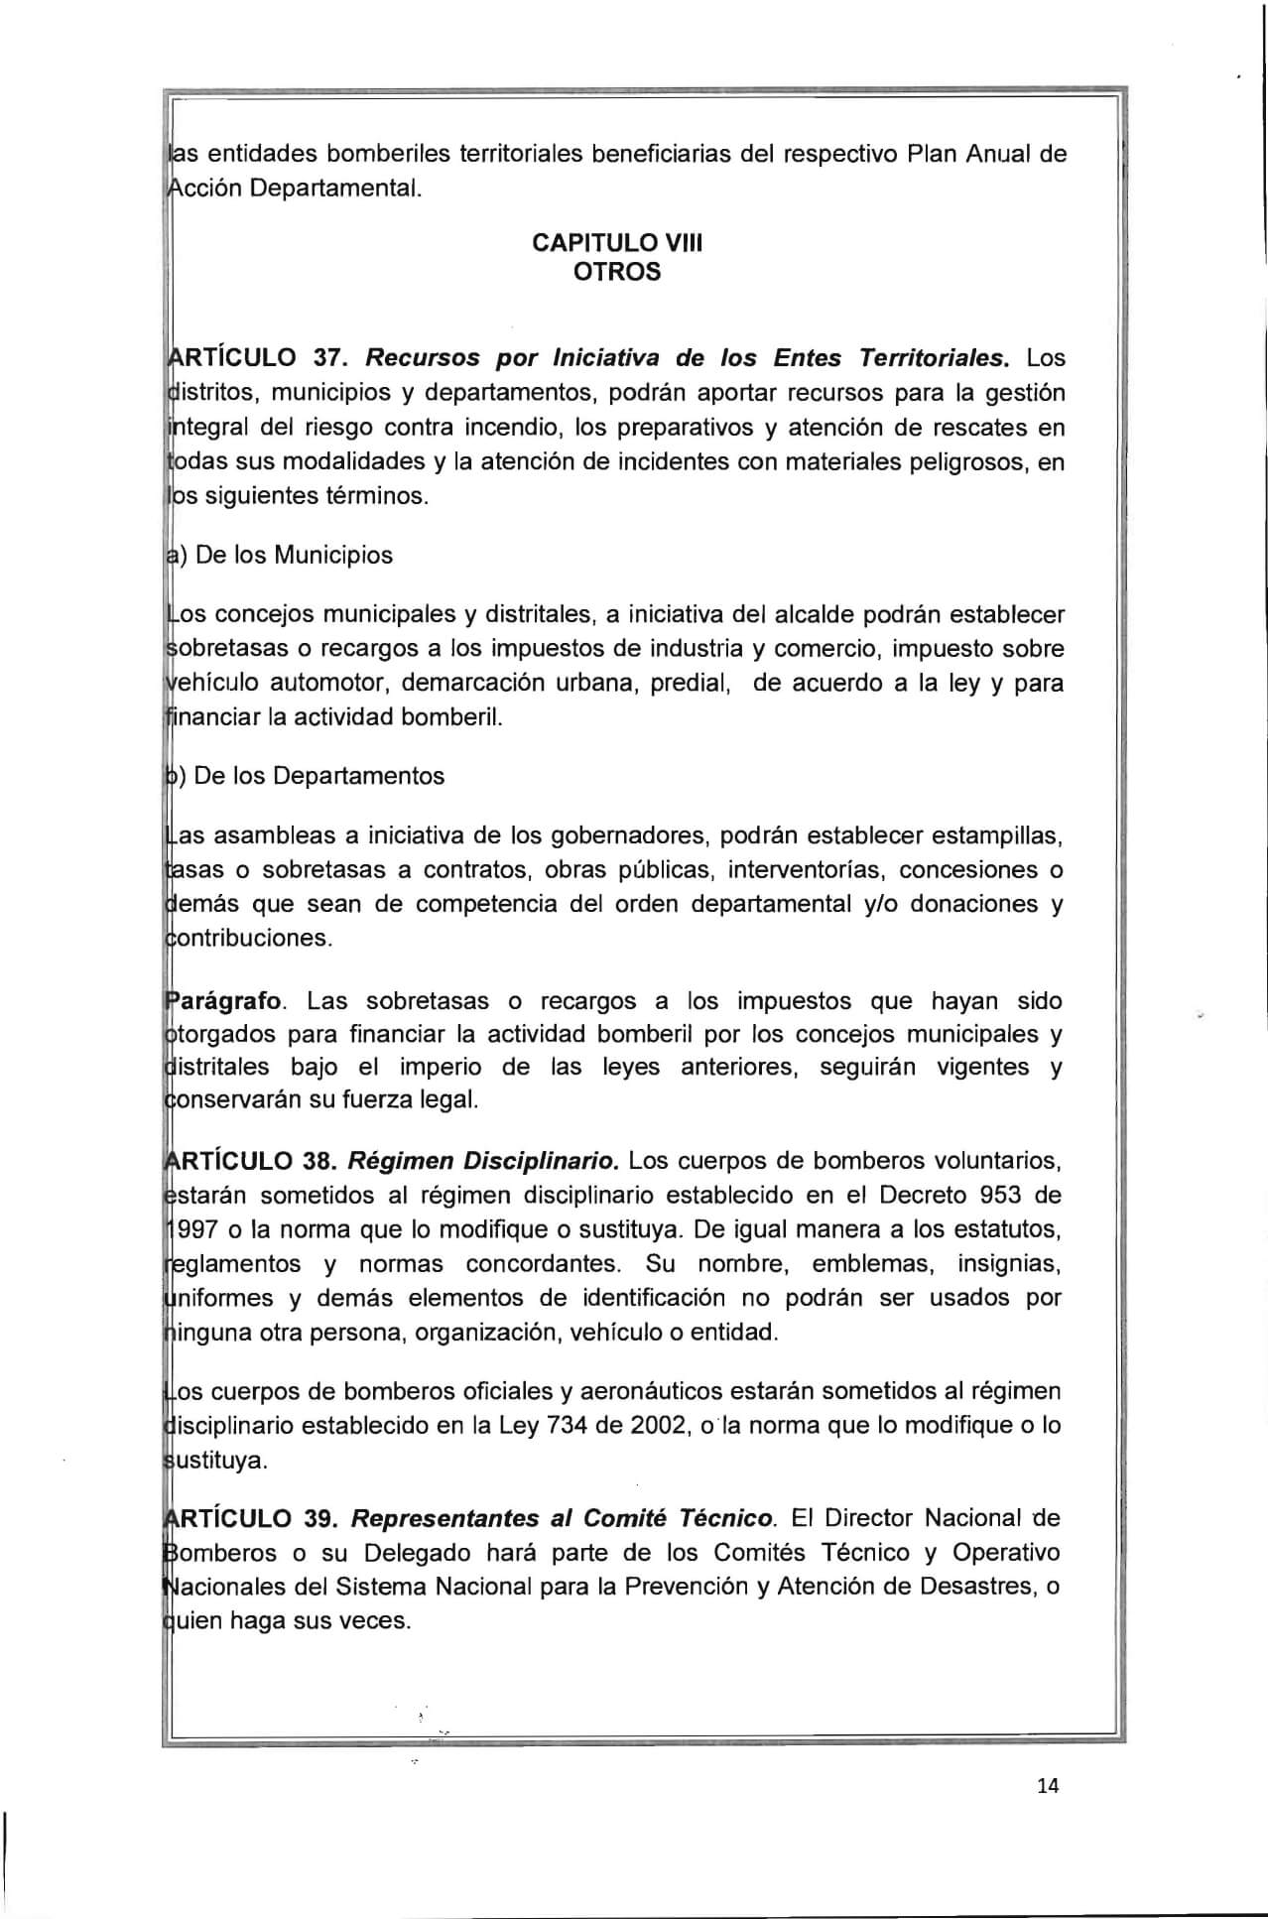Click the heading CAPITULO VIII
[617, 243]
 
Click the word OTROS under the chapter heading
[617, 271]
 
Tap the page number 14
[1048, 1786]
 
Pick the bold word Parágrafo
[226, 1001]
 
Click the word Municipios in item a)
[333, 556]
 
